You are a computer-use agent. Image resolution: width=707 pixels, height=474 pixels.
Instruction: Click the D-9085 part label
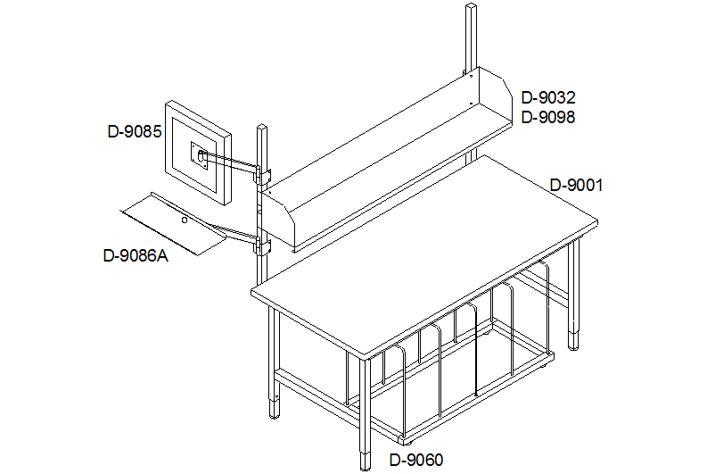(x=135, y=131)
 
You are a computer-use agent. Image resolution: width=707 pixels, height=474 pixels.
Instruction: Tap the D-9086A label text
(x=136, y=256)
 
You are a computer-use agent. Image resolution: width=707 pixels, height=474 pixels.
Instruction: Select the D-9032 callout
(x=548, y=97)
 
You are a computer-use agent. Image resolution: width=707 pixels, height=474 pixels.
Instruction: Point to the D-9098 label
(x=548, y=117)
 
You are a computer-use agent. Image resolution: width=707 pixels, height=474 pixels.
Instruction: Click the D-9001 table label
(x=576, y=185)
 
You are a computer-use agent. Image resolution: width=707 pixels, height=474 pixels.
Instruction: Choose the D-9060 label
(x=416, y=460)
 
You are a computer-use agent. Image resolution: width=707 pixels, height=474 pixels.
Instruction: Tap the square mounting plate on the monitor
(x=200, y=156)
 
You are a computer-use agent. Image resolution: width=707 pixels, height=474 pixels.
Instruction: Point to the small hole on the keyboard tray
(x=184, y=220)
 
